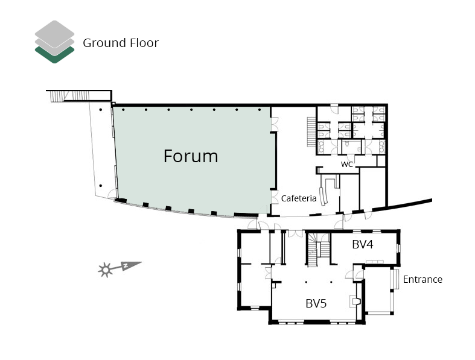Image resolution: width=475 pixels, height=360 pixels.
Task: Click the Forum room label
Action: tap(191, 156)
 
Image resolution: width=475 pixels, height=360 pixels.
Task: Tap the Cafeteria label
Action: tap(299, 198)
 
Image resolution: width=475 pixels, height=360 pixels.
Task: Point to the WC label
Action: tap(347, 164)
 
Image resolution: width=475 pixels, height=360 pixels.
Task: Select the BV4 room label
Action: tap(362, 244)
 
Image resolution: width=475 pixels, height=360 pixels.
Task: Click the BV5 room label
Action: tap(316, 303)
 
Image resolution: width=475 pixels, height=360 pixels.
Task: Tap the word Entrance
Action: tap(422, 279)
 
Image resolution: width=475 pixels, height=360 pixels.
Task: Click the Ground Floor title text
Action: tap(121, 43)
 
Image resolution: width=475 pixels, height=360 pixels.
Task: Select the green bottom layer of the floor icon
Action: tap(54, 56)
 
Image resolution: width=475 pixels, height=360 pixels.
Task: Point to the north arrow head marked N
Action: tap(132, 265)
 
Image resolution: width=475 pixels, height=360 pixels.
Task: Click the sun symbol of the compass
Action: tap(106, 270)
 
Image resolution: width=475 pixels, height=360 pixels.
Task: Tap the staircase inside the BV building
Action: tap(319, 250)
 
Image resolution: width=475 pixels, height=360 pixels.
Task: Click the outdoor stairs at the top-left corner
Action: tap(69, 96)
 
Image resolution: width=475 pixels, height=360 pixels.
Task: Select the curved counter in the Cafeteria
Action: tap(324, 196)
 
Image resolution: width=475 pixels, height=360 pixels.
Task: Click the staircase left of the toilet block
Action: tap(311, 131)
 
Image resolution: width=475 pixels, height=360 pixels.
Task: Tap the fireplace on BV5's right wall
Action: tap(355, 302)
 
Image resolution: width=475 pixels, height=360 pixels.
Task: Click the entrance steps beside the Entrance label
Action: tap(394, 279)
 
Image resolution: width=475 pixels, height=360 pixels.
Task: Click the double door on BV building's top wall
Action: tap(295, 233)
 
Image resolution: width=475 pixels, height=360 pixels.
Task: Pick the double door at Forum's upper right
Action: tap(275, 124)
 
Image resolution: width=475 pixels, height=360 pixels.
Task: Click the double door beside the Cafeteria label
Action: tap(275, 197)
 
